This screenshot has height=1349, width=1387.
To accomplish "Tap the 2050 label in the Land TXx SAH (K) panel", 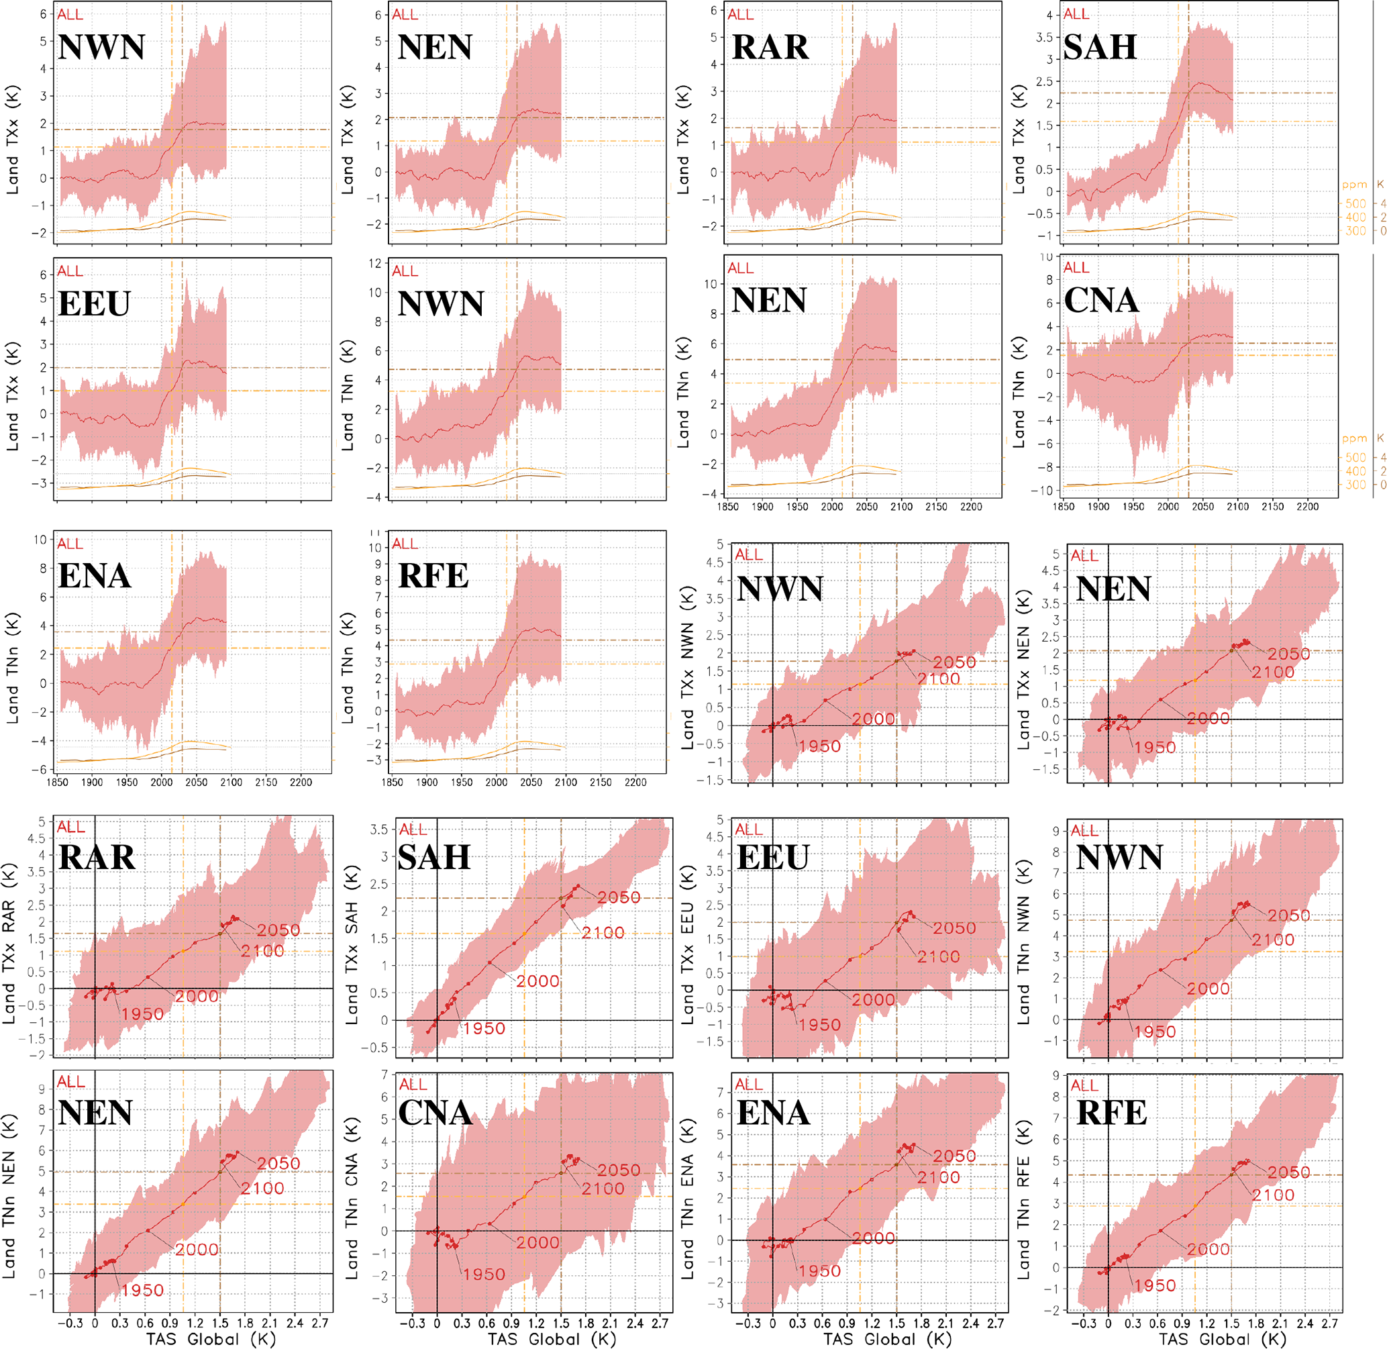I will click(x=619, y=897).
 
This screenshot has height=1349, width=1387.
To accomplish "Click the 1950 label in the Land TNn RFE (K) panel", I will click(x=1155, y=1285).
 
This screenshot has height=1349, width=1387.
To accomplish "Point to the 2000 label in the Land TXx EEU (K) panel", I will click(x=874, y=1000).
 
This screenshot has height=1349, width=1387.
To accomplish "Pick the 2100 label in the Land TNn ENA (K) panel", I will click(x=939, y=1177).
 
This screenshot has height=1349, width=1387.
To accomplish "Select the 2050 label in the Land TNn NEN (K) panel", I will click(x=278, y=1163).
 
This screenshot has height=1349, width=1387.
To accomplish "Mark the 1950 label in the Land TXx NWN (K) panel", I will click(x=819, y=746).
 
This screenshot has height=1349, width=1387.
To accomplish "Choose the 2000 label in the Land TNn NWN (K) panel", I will click(x=1209, y=989).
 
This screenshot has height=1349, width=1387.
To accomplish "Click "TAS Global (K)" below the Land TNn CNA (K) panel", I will click(x=552, y=1338).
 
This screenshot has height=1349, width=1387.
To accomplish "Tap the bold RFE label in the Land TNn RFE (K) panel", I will click(x=1111, y=1112).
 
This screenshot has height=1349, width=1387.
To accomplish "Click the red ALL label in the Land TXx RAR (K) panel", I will click(x=71, y=827).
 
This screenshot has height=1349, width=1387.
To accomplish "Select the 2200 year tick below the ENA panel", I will click(x=301, y=782).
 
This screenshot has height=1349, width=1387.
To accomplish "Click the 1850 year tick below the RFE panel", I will click(x=393, y=782).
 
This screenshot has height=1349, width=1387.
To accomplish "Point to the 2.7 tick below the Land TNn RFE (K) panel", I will click(x=1329, y=1322).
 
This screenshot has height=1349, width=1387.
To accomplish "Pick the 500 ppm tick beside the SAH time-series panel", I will click(x=1355, y=203).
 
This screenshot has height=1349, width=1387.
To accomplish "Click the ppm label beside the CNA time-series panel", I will click(x=1354, y=438).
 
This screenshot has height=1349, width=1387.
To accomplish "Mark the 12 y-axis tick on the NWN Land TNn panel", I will click(x=376, y=263).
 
